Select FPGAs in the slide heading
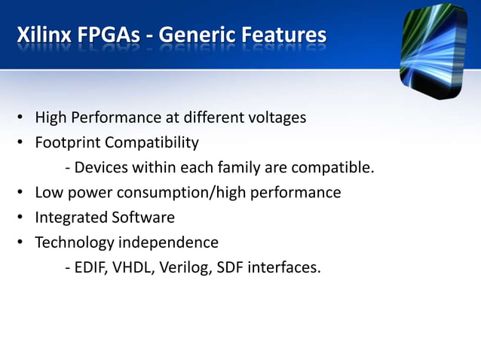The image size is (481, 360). (111, 35)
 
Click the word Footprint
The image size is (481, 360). (67, 142)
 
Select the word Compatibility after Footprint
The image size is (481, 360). (152, 142)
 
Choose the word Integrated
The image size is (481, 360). (71, 218)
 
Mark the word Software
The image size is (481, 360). (143, 218)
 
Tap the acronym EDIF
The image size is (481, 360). (91, 267)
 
